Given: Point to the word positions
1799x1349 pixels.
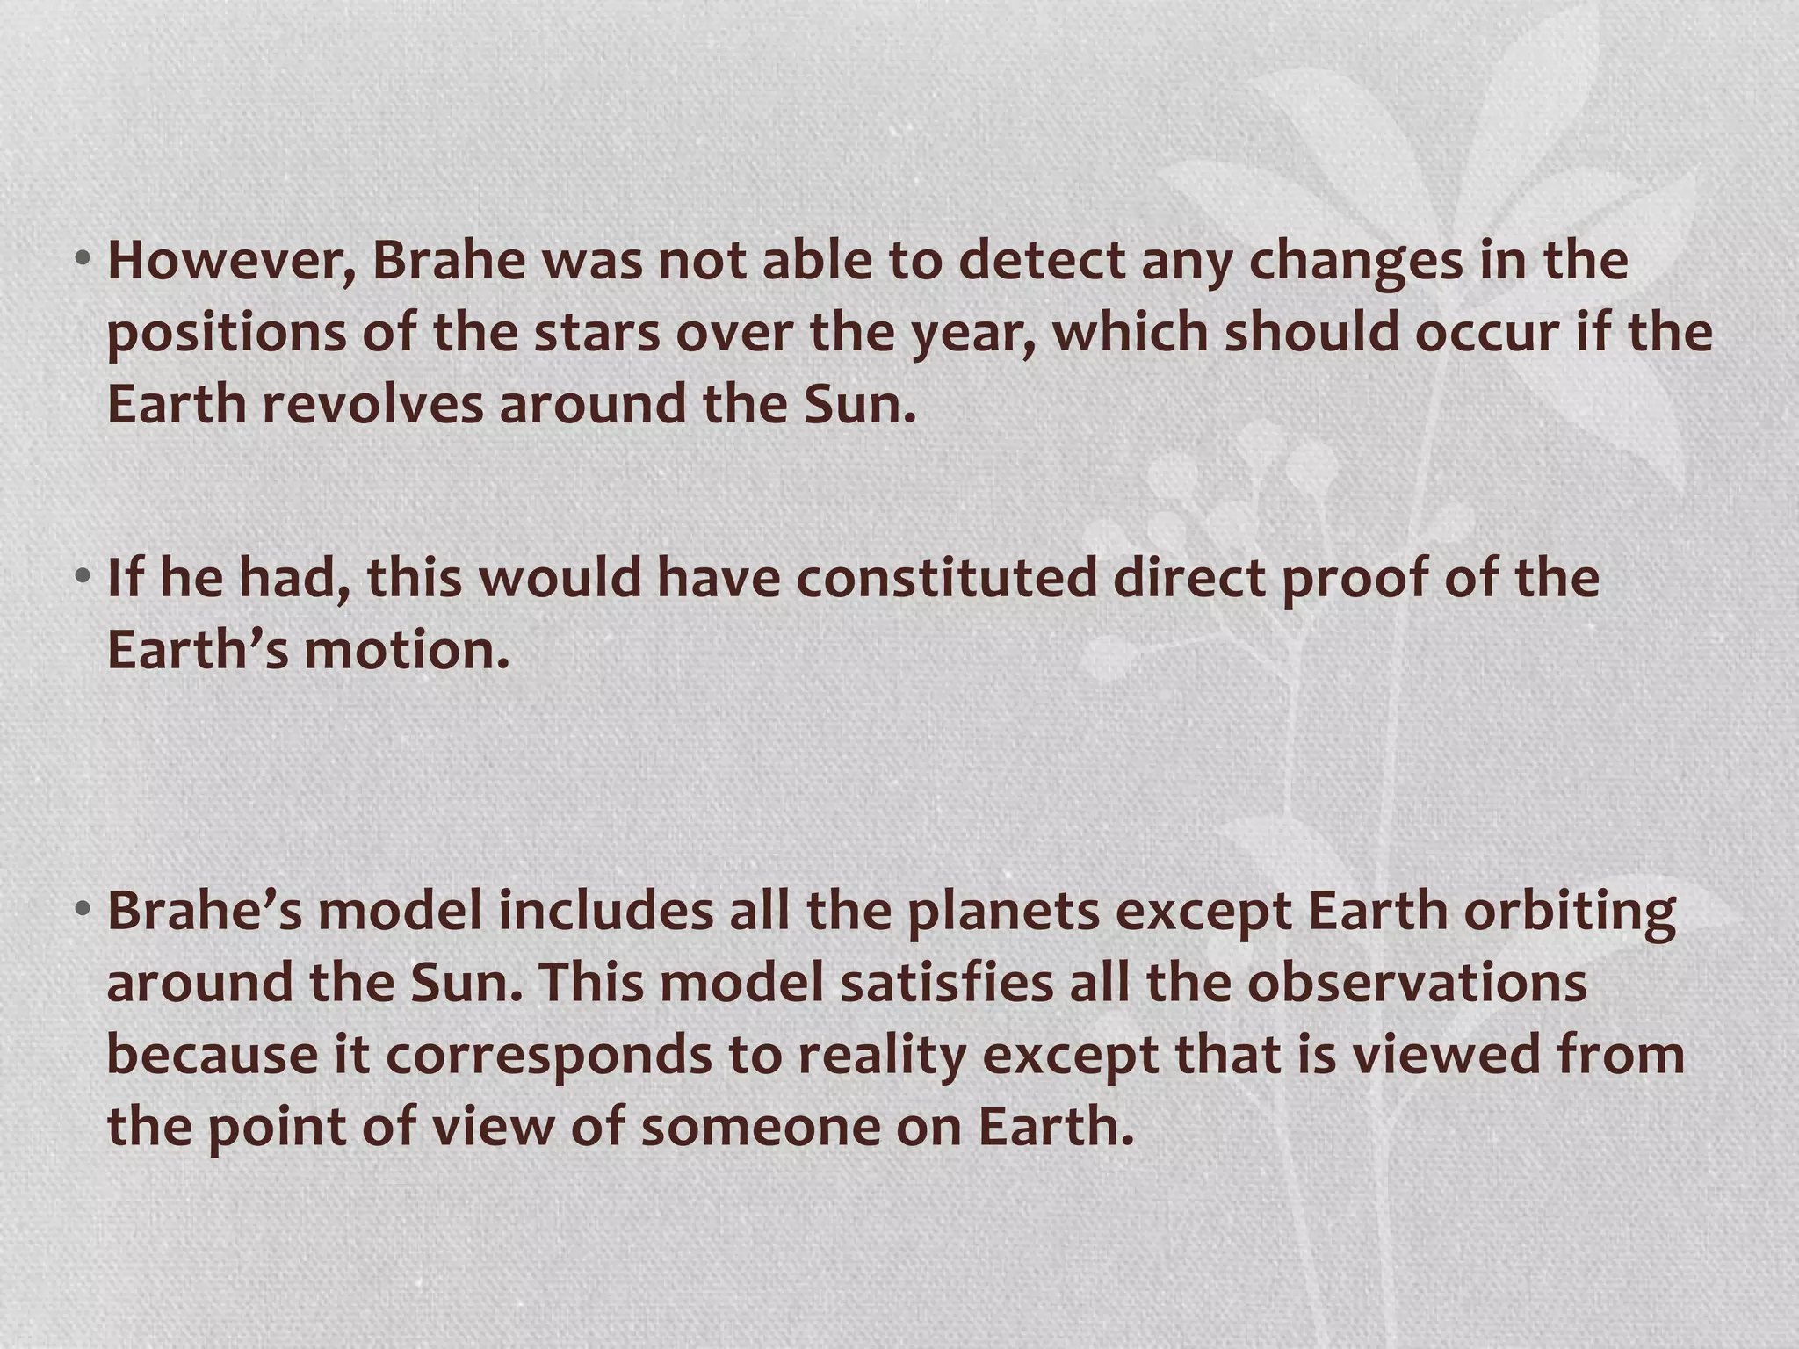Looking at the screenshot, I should coord(227,334).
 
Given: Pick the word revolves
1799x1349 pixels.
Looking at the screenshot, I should coord(372,405).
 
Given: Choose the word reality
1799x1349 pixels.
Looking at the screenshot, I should coord(882,1056).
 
